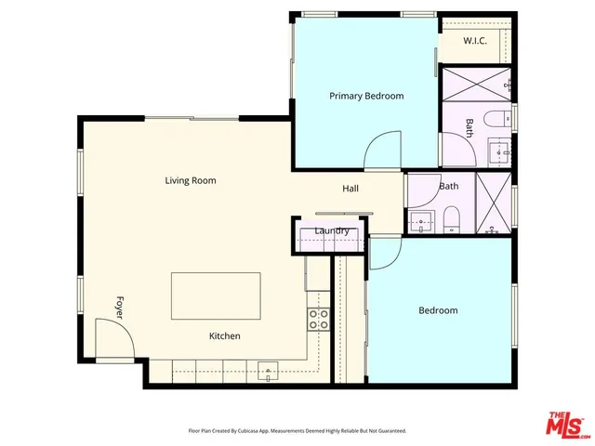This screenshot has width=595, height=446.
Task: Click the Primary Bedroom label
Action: click(366, 96)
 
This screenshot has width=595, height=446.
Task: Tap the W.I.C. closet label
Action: click(474, 40)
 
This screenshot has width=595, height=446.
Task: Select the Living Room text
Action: click(191, 180)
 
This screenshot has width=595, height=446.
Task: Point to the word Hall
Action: click(350, 189)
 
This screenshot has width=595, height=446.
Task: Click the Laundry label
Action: click(332, 230)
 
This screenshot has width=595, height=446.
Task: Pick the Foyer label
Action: click(119, 308)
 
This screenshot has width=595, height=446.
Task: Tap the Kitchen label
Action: click(224, 335)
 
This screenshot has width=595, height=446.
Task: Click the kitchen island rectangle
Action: click(216, 296)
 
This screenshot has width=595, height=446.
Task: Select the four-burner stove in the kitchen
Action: click(318, 319)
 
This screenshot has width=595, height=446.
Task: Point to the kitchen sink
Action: click(268, 373)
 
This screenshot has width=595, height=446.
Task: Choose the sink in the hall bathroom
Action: click(422, 223)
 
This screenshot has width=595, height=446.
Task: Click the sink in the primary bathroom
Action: click(498, 151)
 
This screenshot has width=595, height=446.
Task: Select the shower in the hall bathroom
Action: click(493, 200)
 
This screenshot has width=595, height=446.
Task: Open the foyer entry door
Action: click(112, 340)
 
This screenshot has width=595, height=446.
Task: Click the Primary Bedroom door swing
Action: click(382, 151)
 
